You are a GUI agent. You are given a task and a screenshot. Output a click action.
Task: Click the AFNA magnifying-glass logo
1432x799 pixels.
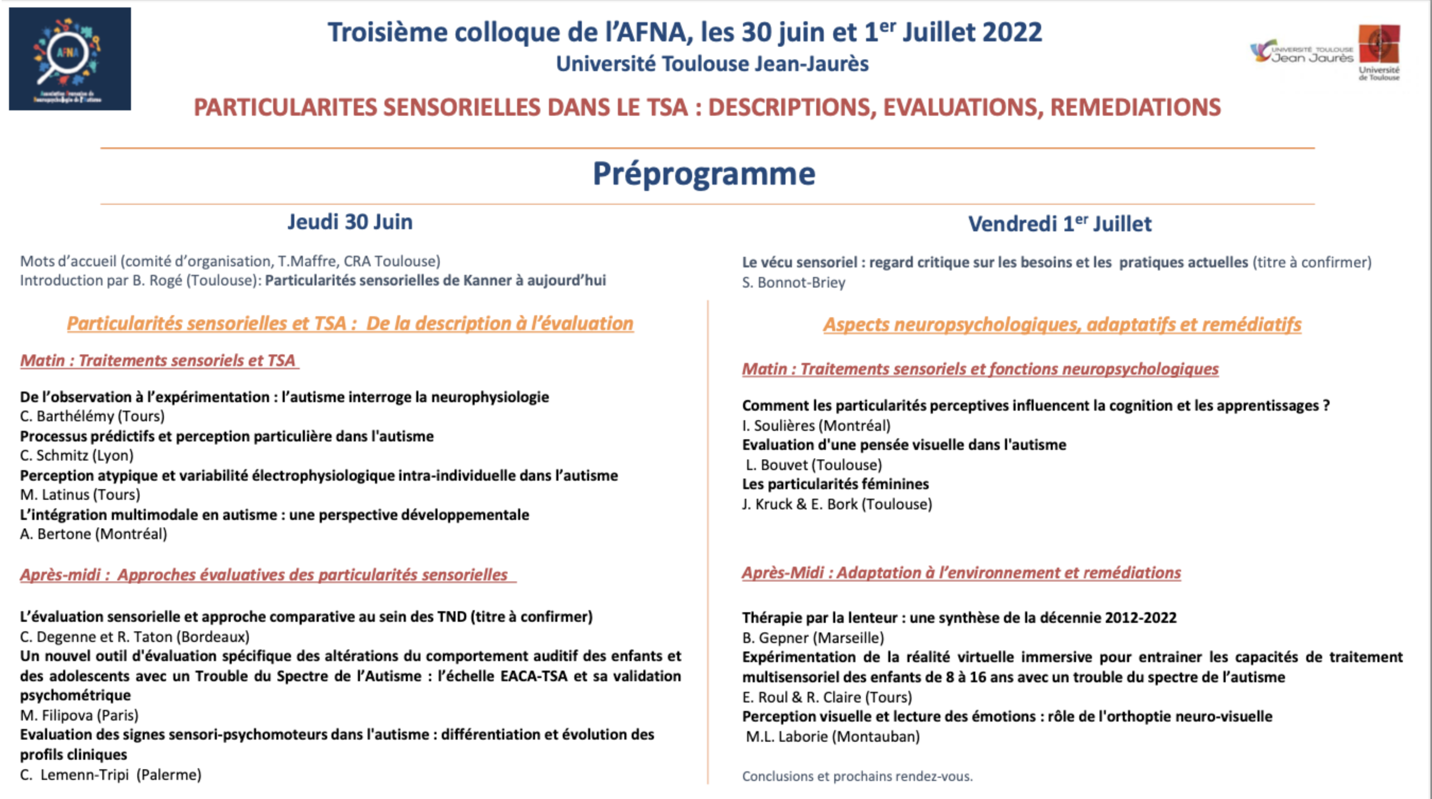tap(69, 58)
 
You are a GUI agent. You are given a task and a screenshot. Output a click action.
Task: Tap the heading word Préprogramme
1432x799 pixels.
tap(704, 173)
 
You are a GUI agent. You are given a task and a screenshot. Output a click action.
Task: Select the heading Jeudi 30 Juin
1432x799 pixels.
tap(350, 222)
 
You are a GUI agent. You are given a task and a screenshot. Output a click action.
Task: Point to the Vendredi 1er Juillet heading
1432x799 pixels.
tap(1060, 223)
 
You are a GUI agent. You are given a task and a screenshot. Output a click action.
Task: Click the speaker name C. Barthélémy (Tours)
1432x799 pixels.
tap(92, 416)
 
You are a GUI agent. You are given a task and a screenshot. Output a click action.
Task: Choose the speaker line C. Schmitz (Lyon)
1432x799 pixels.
tap(77, 455)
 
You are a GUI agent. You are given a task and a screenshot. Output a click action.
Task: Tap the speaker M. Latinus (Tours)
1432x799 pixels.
tap(80, 494)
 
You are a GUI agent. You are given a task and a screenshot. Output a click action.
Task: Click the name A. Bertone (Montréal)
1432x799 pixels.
tap(93, 534)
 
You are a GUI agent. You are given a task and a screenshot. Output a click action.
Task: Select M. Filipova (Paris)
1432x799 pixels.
tap(79, 715)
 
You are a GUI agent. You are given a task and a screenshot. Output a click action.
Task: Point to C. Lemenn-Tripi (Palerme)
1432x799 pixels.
tap(111, 775)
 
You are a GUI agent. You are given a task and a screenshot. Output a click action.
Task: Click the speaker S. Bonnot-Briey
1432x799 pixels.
tap(793, 282)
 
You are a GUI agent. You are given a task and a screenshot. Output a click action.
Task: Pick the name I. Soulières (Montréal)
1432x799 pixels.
tap(816, 425)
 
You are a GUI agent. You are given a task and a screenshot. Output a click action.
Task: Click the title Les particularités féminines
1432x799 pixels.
tap(835, 484)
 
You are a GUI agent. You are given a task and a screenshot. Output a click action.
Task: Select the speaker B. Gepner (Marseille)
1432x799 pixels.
tap(813, 638)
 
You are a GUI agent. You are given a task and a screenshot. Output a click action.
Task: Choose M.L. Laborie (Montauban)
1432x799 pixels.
tap(833, 737)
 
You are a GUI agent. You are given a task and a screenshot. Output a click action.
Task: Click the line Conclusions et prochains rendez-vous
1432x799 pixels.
tap(857, 776)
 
